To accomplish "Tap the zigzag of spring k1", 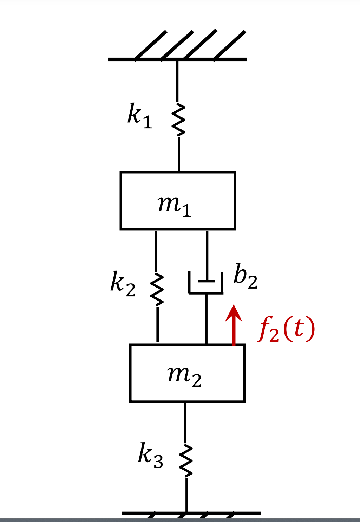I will pyautogui.click(x=178, y=120).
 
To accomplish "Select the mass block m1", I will pyautogui.click(x=178, y=201).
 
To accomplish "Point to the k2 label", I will pyautogui.click(x=123, y=284).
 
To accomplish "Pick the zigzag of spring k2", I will pyautogui.click(x=157, y=289).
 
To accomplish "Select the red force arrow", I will pyautogui.click(x=234, y=325).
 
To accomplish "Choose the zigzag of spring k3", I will pyautogui.click(x=186, y=460).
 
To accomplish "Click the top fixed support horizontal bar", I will pyautogui.click(x=177, y=59).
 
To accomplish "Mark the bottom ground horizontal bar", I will pyautogui.click(x=191, y=514).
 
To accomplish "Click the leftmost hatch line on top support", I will pyautogui.click(x=151, y=45).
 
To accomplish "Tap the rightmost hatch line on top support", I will pyautogui.click(x=229, y=45).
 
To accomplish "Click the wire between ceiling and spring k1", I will pyautogui.click(x=177, y=81).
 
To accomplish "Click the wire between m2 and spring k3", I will pyautogui.click(x=185, y=422).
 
